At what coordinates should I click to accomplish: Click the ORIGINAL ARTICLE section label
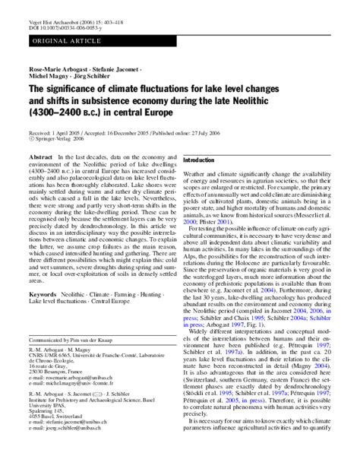point(52,37)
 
